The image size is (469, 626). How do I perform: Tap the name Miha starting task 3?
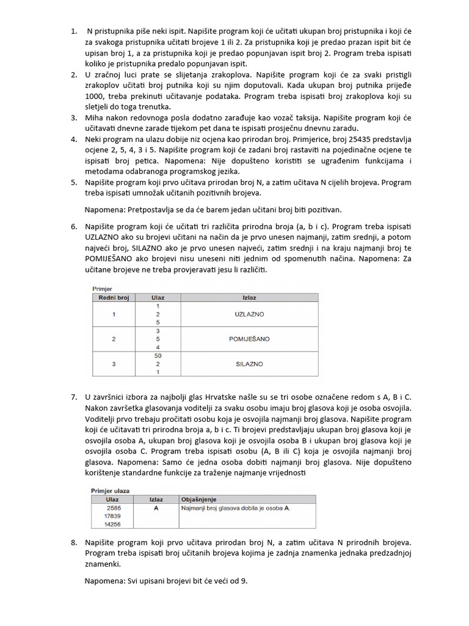click(95, 118)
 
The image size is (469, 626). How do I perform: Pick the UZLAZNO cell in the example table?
click(249, 314)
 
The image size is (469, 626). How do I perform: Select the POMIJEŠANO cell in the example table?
click(249, 339)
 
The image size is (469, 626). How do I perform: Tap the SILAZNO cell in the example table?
click(249, 364)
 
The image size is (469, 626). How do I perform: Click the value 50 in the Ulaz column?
click(158, 355)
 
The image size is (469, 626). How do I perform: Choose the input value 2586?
click(113, 507)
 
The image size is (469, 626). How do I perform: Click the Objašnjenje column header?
click(198, 499)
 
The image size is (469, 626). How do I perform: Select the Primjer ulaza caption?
click(114, 490)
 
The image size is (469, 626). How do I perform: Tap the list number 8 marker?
click(74, 542)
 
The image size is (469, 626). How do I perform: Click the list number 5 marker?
click(74, 182)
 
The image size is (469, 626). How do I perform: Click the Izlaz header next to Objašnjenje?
click(156, 499)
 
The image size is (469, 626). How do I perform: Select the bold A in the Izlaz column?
click(156, 507)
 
